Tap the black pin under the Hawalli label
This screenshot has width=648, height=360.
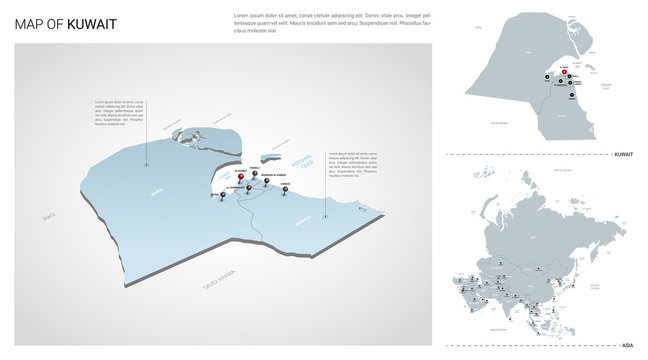click(x=254, y=176)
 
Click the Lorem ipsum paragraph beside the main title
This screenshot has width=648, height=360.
click(x=331, y=24)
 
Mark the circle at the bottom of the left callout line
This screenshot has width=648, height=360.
click(x=146, y=163)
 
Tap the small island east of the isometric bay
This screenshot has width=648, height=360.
click(x=269, y=156)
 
